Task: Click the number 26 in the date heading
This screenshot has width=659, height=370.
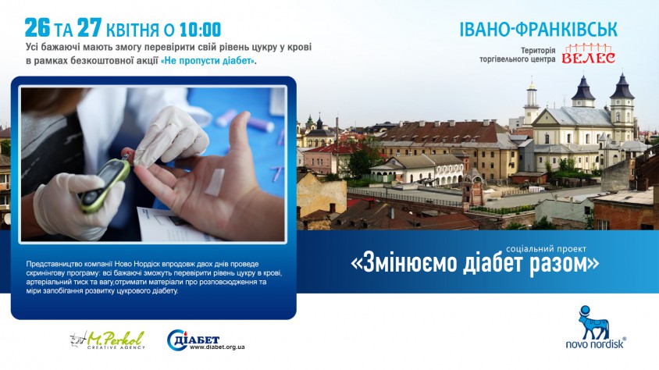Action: tap(37, 28)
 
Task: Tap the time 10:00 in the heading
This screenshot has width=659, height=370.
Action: tap(200, 30)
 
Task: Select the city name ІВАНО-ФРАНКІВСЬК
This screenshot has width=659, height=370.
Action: tap(539, 29)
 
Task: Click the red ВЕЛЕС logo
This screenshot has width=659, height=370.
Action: tap(589, 54)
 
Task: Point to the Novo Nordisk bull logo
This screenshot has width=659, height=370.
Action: tap(593, 322)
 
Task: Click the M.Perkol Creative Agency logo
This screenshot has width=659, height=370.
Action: tap(108, 340)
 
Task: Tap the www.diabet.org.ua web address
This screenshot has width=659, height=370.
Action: tap(217, 347)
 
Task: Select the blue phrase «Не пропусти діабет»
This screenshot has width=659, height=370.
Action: tap(208, 60)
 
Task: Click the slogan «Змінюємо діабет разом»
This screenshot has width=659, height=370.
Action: tap(475, 263)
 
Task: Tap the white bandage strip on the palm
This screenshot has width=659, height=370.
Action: tap(215, 183)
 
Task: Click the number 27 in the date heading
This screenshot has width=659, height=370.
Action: tap(90, 28)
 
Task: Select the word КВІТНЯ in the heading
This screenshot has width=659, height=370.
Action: tap(133, 30)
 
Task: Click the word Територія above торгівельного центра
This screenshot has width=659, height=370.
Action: tap(539, 51)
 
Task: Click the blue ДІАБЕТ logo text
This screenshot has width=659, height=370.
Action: tap(198, 340)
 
